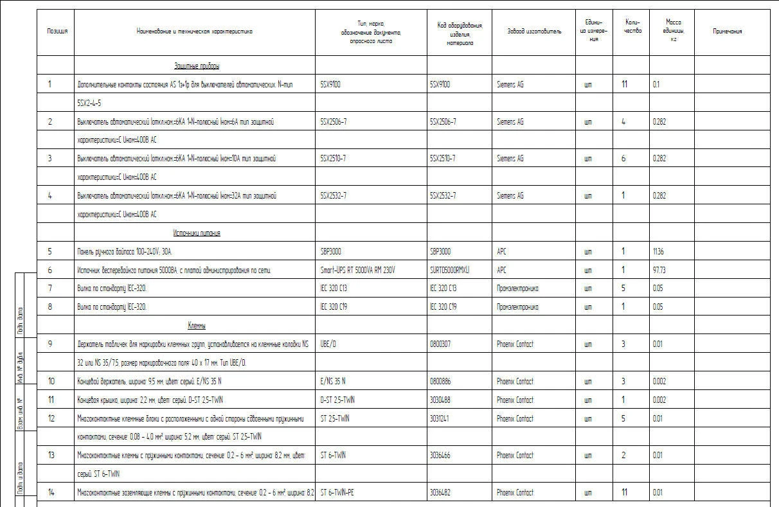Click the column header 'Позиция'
click(x=57, y=31)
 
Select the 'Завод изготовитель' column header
click(x=533, y=31)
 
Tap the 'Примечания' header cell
click(x=728, y=31)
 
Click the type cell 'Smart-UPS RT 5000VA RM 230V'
click(x=357, y=271)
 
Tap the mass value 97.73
click(x=659, y=271)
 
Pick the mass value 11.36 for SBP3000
click(x=658, y=252)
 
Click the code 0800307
click(x=440, y=344)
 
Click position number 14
click(x=51, y=493)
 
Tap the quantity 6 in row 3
click(x=623, y=159)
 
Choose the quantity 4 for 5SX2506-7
click(x=623, y=121)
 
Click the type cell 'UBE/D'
click(x=328, y=344)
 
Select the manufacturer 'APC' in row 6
click(x=501, y=271)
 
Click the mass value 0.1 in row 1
click(x=656, y=84)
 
